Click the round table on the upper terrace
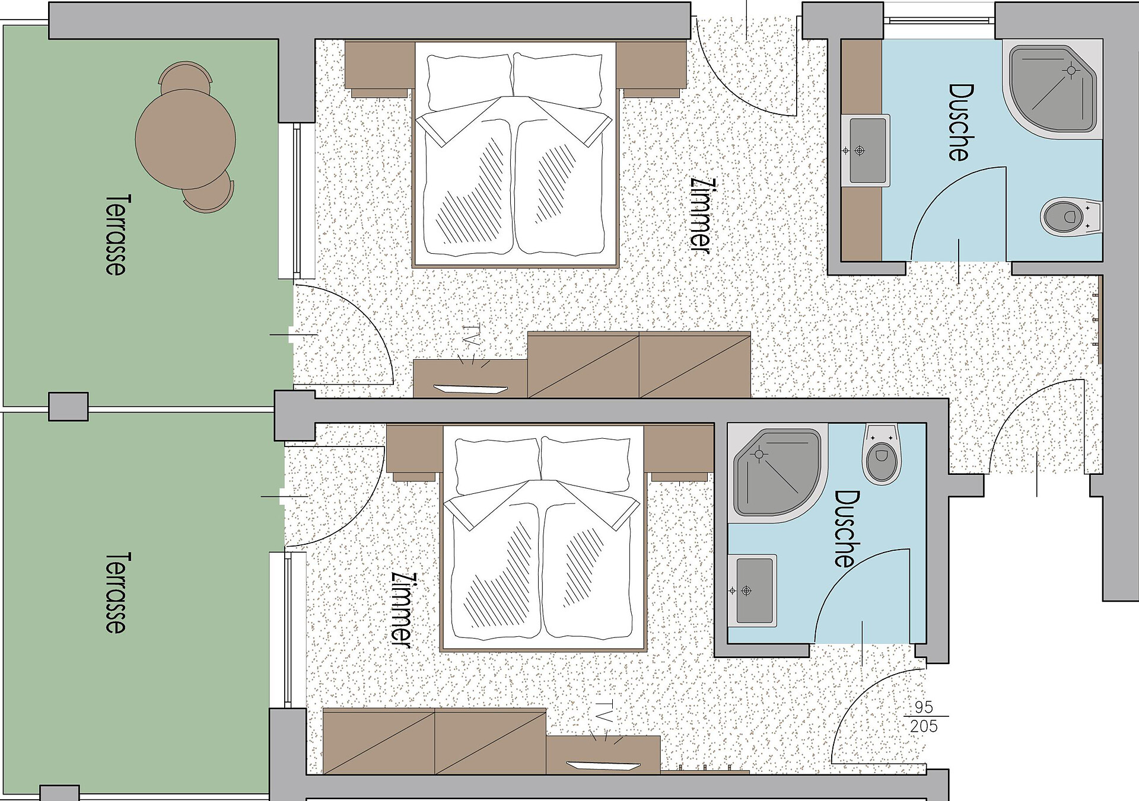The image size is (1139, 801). click(185, 139)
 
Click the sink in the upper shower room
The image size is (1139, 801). click(866, 151)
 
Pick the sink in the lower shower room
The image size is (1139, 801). click(752, 591)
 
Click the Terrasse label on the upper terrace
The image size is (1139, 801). click(116, 234)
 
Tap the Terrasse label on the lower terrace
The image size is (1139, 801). click(116, 593)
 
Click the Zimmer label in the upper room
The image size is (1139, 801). click(700, 216)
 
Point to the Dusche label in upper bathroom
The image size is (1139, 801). click(961, 122)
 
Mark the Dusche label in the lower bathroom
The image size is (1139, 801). click(847, 528)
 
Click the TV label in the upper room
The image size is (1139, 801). click(471, 335)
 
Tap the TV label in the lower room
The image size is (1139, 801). click(604, 711)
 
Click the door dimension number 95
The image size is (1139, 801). click(924, 707)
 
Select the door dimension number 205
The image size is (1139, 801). click(924, 726)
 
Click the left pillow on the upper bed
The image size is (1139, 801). click(469, 82)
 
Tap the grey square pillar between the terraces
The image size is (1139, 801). click(68, 407)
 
